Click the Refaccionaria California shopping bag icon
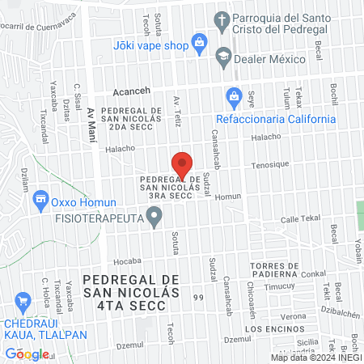pos(234,96)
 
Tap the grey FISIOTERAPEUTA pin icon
pos(154,217)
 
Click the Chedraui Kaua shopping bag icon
pos(22,300)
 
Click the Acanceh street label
pos(133,91)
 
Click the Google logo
pos(27,353)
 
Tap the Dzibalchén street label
pos(339,311)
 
